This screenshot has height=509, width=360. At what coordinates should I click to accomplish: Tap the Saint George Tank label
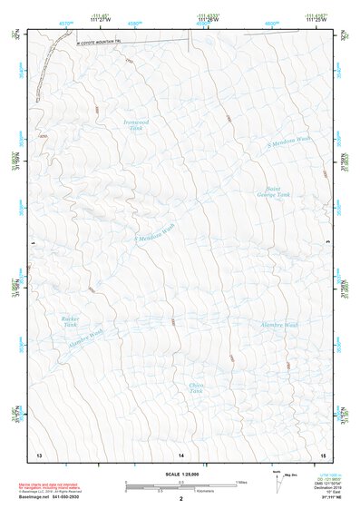point(272,191)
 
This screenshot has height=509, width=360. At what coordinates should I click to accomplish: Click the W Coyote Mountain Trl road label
point(99,41)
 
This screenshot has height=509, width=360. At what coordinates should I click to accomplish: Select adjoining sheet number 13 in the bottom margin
point(39,454)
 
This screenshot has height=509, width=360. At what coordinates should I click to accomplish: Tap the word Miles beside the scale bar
point(241,481)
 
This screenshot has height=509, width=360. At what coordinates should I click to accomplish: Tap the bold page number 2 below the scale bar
point(180,499)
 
